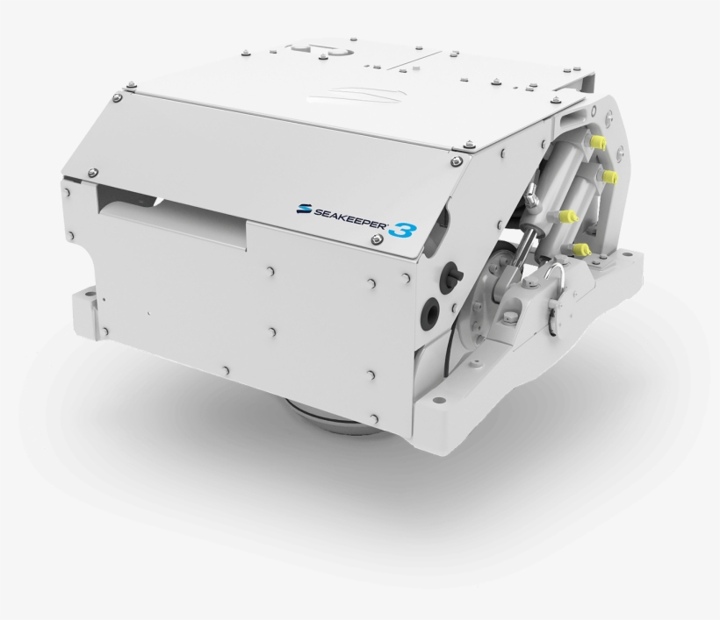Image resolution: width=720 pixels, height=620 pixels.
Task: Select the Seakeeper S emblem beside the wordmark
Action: (305, 209)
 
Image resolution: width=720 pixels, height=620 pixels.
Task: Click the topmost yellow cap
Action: (599, 142)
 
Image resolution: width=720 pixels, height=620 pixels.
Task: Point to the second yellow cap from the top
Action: (609, 176)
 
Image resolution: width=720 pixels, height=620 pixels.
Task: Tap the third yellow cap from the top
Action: (568, 217)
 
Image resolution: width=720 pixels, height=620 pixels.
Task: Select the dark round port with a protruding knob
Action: (448, 275)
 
